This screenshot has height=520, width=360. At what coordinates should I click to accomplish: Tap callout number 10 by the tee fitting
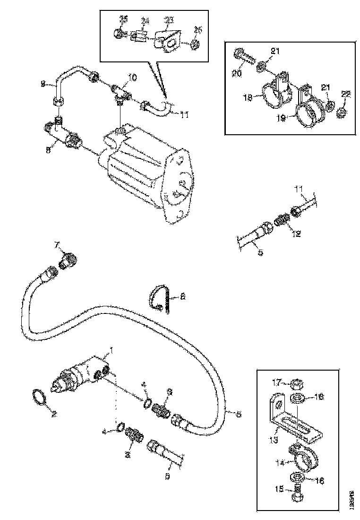tap(132, 77)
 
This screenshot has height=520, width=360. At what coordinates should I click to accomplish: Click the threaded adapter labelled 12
tap(283, 221)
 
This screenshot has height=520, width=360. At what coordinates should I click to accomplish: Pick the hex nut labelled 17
tap(297, 381)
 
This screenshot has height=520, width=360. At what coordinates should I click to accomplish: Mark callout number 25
tap(123, 19)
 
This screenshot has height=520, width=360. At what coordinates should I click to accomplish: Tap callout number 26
tap(198, 30)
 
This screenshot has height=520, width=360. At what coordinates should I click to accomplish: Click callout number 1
tap(112, 351)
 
